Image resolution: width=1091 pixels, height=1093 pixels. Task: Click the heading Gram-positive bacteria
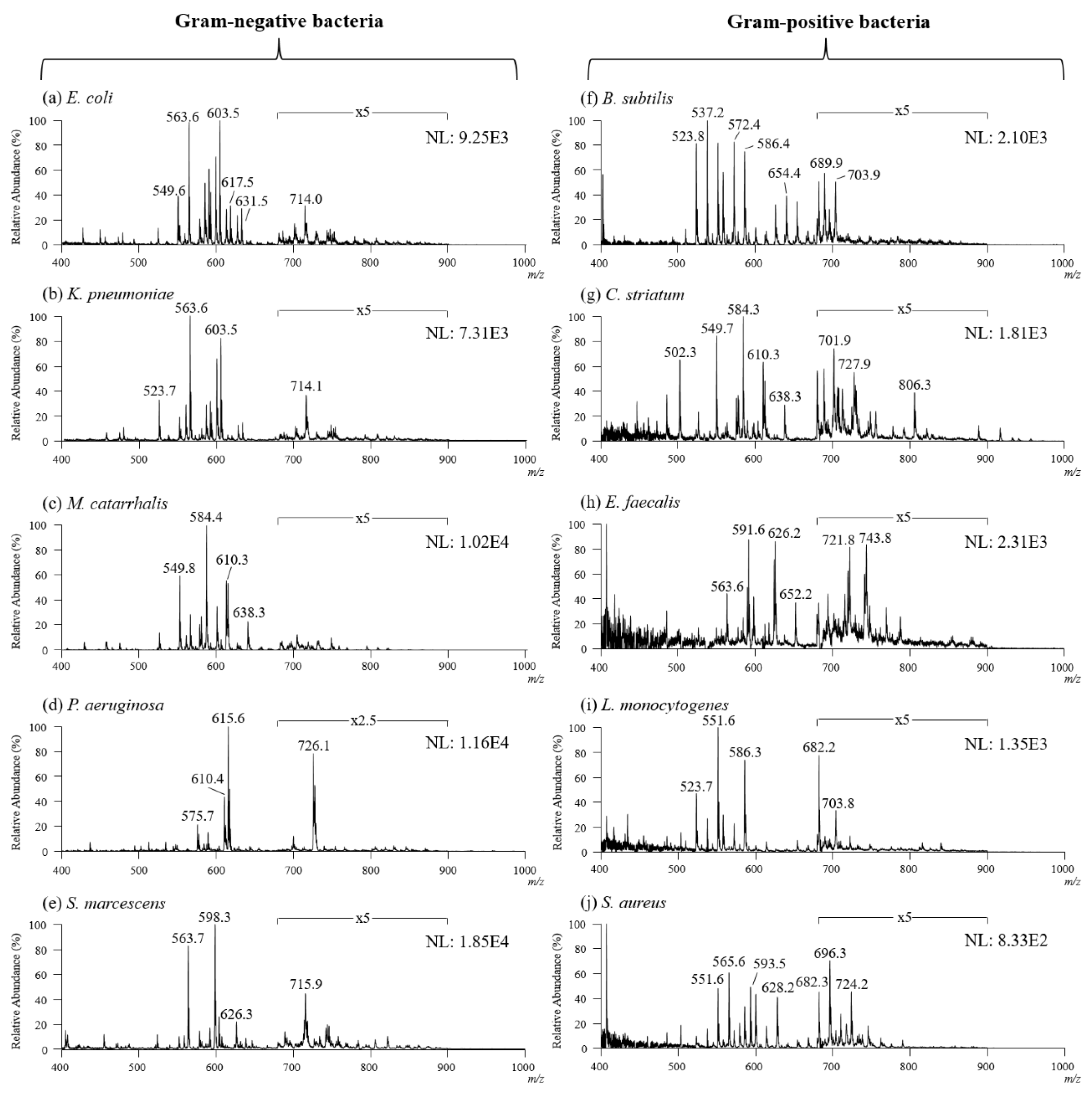tap(828, 22)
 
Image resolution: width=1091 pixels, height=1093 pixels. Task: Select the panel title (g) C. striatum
tap(633, 295)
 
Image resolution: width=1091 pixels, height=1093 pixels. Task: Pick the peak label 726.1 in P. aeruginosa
tap(313, 745)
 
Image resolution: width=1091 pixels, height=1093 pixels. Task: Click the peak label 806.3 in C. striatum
tap(914, 385)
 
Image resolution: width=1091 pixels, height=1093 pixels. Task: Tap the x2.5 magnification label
tap(362, 721)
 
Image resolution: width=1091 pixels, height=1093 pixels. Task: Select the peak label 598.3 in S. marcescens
tap(214, 917)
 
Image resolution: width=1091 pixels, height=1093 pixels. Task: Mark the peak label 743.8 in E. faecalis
tap(875, 538)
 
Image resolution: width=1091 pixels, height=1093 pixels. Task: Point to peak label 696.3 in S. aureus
tap(830, 953)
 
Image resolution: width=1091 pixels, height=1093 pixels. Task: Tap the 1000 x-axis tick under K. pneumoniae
tap(525, 459)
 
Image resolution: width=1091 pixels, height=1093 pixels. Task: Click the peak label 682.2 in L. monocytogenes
tap(818, 747)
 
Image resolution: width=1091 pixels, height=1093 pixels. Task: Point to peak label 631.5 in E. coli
tap(252, 201)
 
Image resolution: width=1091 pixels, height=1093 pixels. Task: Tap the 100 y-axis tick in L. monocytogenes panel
tap(577, 728)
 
